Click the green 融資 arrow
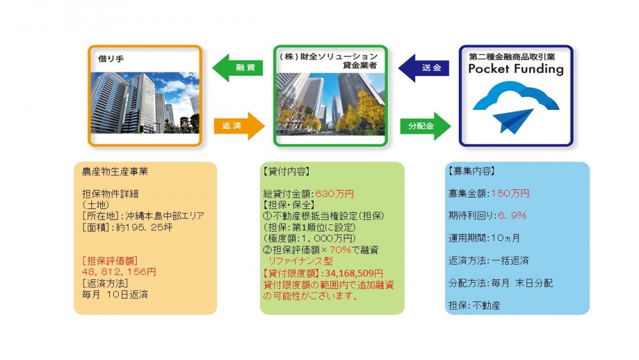point(238,68)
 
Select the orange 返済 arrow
point(239,126)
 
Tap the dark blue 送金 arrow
point(424,68)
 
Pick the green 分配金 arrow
point(426,126)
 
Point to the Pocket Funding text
point(516,69)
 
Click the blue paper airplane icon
point(513,121)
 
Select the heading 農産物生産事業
point(115,171)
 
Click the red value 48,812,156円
point(119,272)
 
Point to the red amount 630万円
point(335,194)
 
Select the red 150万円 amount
point(510,194)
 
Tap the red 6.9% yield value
point(512,215)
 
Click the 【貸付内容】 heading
point(286,171)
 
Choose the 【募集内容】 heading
point(472,171)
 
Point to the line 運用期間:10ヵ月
point(484,238)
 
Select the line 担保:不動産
point(474,306)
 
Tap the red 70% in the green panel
point(340,249)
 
